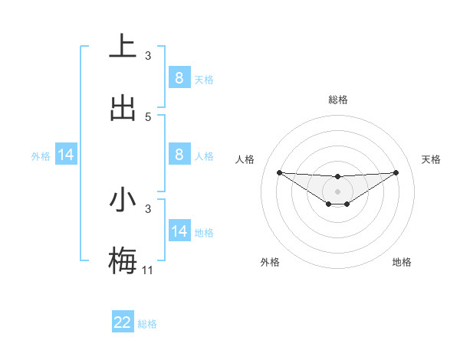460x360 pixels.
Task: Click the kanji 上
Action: [123, 46]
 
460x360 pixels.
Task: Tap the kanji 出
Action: [123, 108]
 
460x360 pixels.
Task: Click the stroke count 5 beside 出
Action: [148, 116]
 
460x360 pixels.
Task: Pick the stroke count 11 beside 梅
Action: [148, 270]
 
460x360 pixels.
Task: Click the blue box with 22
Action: [123, 322]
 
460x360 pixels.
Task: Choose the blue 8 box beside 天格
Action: [179, 77]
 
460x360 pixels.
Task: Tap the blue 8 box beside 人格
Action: [179, 155]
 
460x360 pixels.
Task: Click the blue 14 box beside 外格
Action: [66, 155]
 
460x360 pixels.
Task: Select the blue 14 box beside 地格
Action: [179, 231]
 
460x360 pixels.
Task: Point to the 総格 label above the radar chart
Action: [337, 100]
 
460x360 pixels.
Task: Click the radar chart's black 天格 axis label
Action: [432, 159]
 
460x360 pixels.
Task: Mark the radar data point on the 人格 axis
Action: [279, 172]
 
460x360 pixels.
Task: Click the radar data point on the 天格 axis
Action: [396, 172]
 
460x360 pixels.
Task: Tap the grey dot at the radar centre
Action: [337, 191]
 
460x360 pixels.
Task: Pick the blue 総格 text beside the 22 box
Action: [147, 323]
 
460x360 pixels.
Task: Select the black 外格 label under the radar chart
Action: [270, 262]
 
